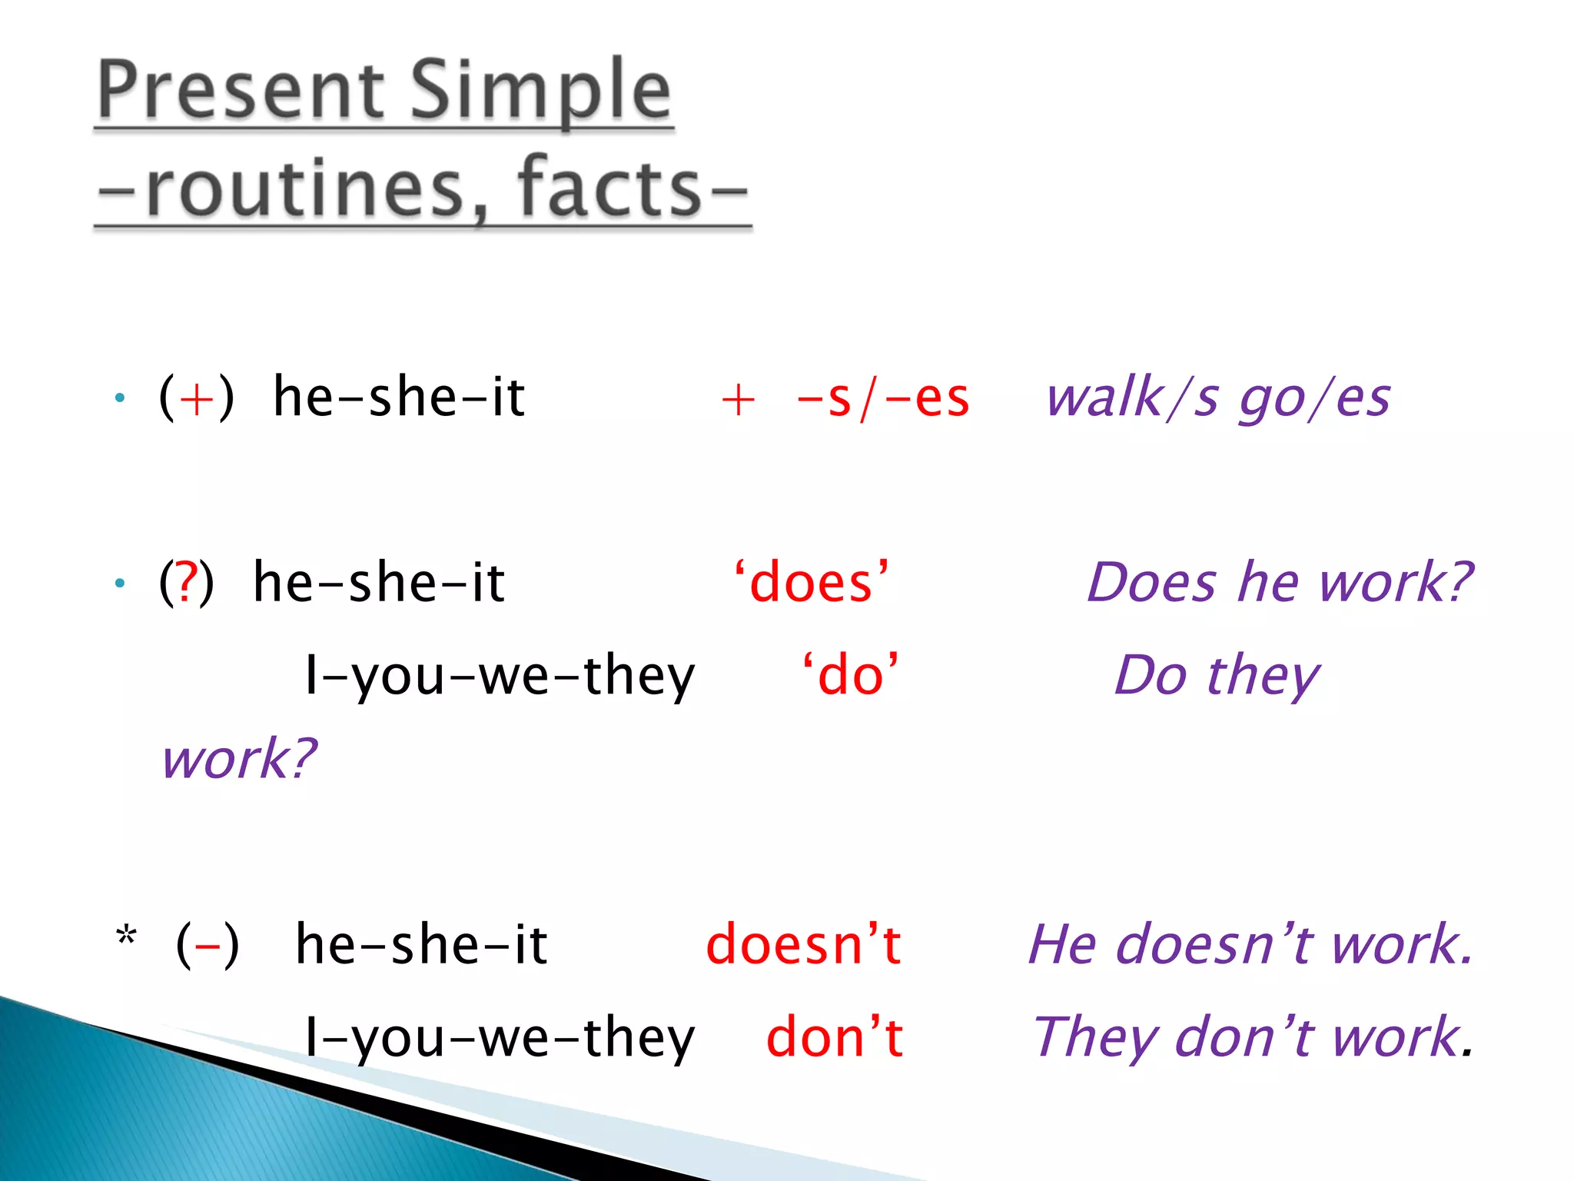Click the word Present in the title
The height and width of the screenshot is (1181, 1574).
click(240, 92)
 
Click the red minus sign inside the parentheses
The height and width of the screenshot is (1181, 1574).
click(208, 946)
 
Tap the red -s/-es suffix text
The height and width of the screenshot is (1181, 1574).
click(882, 398)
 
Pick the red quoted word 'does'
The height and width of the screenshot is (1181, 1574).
click(811, 582)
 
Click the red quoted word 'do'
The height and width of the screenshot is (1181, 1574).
click(850, 675)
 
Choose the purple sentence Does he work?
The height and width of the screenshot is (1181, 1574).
click(1280, 582)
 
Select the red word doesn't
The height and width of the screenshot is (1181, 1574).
click(803, 944)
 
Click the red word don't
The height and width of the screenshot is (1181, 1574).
click(835, 1037)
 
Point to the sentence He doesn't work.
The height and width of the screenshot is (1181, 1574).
click(1250, 944)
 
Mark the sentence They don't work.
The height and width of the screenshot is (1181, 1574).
click(1253, 1037)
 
